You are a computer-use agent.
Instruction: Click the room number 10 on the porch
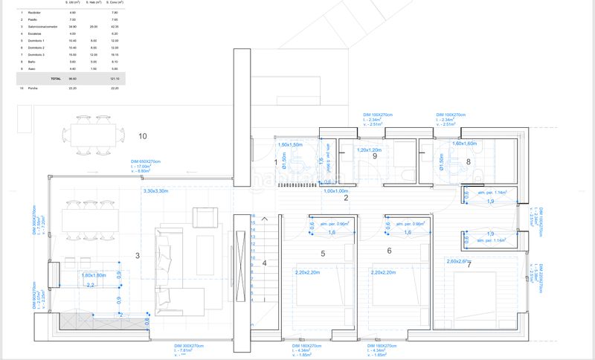pos(143,136)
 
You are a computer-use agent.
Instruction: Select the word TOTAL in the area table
pos(56,78)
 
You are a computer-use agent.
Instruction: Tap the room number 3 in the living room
pos(138,256)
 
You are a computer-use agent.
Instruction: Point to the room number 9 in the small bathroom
pos(375,156)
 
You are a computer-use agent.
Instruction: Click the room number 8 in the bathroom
pos(468,161)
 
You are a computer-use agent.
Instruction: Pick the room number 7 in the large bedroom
pos(467,265)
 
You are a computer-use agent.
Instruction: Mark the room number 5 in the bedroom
pos(323,254)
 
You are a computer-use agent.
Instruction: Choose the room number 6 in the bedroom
pos(389,251)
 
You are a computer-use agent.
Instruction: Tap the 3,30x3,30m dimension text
pos(156,191)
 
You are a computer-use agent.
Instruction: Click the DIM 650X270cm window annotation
pos(147,161)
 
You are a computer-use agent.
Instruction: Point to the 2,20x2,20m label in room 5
pos(308,273)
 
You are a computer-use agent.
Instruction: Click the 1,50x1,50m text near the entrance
pos(292,144)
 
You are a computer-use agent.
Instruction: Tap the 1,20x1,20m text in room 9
pos(370,150)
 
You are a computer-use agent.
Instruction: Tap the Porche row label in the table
pos(33,88)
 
